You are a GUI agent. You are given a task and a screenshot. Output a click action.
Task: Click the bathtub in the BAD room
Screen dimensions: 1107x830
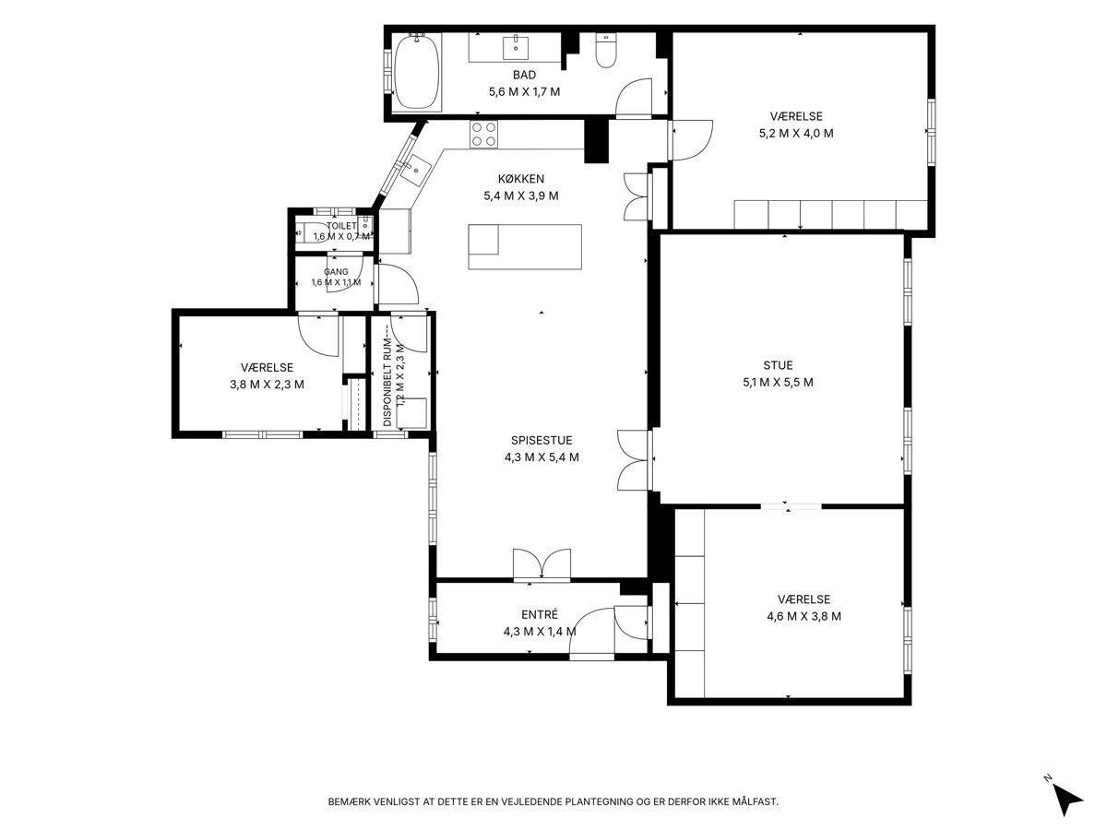point(417,73)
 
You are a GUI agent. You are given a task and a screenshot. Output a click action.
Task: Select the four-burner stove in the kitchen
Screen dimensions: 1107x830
point(483,135)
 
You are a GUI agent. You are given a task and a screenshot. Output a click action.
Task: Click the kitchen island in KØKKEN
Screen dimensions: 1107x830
point(525,246)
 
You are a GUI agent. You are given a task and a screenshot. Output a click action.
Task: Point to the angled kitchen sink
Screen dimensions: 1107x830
point(416,171)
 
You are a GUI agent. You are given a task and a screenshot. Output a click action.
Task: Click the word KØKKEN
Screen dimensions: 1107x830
point(521,179)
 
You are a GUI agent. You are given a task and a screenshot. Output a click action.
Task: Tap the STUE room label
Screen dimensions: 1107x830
point(778,365)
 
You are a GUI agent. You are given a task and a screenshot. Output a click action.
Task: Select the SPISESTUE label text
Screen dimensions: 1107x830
point(542,440)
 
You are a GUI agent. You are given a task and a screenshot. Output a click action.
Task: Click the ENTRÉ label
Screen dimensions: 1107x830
point(540,614)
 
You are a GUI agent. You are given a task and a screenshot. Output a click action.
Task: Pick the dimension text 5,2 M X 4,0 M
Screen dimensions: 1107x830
point(796,134)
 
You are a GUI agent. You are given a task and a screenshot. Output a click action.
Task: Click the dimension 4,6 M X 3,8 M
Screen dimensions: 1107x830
point(803,616)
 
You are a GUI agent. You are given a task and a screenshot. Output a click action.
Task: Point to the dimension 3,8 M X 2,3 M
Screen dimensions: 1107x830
point(267,385)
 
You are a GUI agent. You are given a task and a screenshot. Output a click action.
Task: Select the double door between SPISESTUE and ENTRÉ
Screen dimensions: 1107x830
point(542,564)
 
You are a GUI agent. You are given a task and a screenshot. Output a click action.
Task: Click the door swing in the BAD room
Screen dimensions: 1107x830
point(634,97)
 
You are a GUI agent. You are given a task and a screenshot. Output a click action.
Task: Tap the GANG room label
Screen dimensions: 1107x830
point(336,272)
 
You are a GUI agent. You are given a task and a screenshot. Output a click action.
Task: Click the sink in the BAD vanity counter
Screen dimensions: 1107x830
point(516,47)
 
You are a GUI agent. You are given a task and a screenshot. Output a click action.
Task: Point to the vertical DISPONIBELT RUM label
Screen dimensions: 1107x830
point(387,376)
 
